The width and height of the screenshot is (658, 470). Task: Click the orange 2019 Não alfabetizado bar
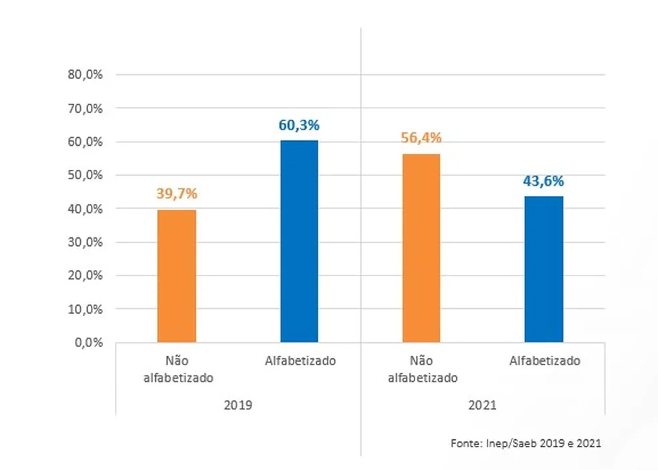coord(177,275)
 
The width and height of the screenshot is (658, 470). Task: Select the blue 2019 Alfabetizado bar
coord(299,241)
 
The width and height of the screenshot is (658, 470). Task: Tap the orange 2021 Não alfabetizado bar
coord(421,248)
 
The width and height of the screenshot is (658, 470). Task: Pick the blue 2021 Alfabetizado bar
coord(544,269)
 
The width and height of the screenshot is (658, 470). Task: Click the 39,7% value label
coord(177,194)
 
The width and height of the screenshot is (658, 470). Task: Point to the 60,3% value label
coord(300,124)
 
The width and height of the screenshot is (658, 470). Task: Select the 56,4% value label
coord(422,138)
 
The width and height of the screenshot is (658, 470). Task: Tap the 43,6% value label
coord(544,181)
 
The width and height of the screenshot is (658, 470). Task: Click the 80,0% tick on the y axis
coord(85,75)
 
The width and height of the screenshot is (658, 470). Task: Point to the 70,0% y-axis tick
coord(85,108)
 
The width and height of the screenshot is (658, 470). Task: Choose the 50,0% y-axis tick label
coord(85,175)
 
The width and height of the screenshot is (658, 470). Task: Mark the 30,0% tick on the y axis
coord(85,242)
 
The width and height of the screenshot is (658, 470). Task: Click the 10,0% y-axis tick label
coord(85,309)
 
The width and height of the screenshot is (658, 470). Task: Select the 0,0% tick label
coord(88,342)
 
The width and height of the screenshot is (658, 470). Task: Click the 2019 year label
coord(238,405)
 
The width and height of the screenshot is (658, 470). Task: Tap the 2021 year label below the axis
coord(483,405)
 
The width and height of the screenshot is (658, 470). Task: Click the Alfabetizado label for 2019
coord(300,361)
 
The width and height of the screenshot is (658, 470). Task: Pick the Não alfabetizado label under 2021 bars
coord(422,369)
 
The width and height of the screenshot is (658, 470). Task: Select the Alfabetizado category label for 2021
coord(544,361)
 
